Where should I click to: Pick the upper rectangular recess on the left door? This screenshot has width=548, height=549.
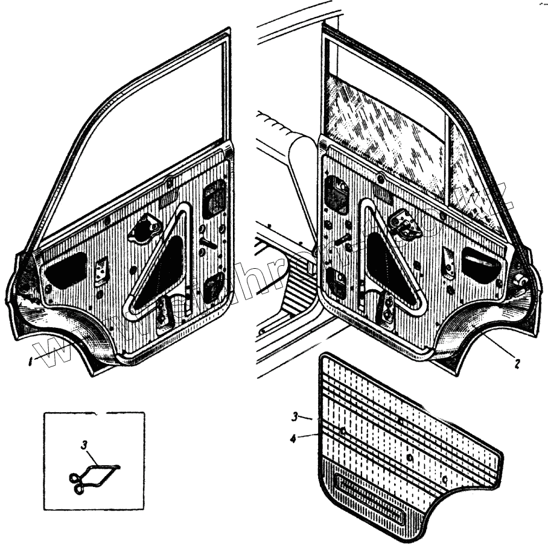[214, 198]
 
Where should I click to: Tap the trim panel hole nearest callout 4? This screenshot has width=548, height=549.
[342, 430]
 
